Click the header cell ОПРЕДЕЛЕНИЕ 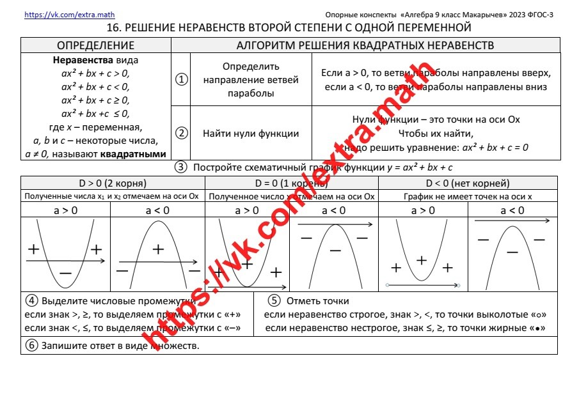[95, 45]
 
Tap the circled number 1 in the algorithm [182, 79]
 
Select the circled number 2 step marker [182, 133]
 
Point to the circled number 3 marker [181, 167]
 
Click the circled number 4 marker [30, 300]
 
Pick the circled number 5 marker [274, 300]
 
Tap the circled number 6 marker [30, 346]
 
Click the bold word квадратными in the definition [136, 153]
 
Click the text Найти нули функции [251, 134]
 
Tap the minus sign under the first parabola [65, 274]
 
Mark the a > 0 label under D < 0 [422, 210]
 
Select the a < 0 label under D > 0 [157, 210]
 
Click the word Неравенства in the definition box [78, 61]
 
